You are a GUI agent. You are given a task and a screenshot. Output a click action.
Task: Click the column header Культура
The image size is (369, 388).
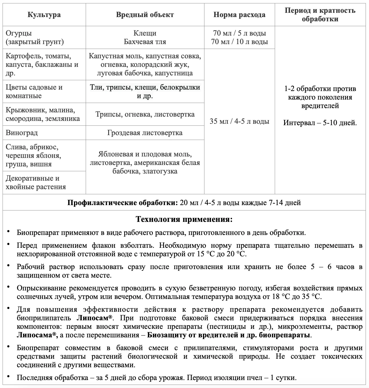[44, 15]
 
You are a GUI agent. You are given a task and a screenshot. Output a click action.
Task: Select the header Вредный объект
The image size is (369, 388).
[145, 15]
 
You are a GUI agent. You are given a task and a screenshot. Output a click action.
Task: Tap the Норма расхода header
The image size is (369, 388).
[239, 15]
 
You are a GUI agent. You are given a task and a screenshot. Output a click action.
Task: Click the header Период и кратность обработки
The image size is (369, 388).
[320, 15]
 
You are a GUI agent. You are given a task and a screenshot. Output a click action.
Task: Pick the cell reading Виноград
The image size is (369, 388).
[22, 133]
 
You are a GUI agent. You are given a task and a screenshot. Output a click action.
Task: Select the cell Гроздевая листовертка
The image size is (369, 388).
[145, 133]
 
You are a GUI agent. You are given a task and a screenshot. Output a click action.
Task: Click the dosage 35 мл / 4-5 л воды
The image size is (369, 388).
[239, 121]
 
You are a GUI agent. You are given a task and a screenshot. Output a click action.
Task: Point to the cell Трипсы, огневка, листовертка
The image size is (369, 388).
[145, 114]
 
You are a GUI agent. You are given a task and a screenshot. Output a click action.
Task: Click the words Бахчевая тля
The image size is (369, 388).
[145, 42]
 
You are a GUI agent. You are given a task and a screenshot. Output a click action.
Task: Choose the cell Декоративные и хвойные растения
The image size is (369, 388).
[36, 183]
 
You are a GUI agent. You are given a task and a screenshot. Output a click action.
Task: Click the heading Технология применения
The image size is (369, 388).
[184, 219]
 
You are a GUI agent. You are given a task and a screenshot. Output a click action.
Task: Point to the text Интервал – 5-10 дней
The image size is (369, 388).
[320, 123]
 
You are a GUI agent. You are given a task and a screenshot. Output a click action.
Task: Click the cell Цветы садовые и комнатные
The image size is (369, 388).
[34, 92]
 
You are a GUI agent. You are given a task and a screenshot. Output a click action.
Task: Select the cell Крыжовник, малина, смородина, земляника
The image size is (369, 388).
[43, 114]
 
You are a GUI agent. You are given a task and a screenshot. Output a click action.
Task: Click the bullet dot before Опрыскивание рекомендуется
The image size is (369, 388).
[9, 287]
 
